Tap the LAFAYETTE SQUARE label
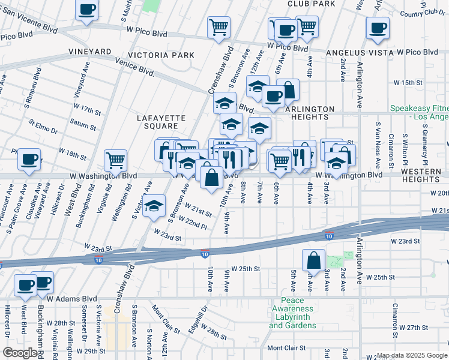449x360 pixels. click(161, 122)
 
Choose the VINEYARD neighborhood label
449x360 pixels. click(91, 52)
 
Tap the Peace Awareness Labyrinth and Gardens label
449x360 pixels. click(292, 313)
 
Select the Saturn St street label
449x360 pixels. click(83, 124)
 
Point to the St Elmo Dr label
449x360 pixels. click(43, 127)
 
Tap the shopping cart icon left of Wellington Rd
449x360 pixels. click(115, 160)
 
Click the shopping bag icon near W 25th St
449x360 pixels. click(313, 260)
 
